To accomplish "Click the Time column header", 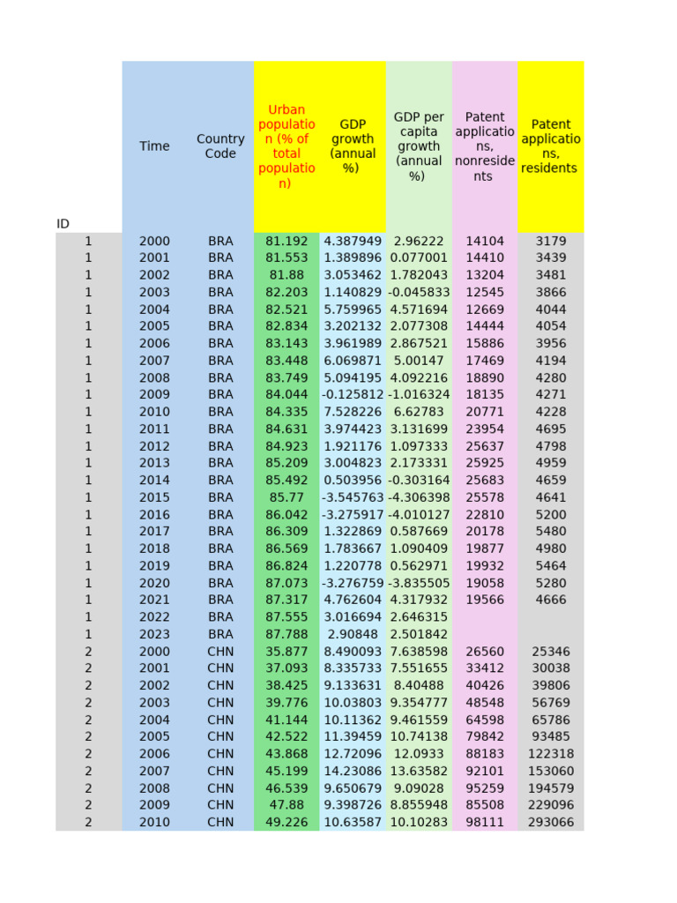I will pos(154,146).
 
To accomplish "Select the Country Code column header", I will pos(220,146).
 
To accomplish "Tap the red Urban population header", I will pos(286,146).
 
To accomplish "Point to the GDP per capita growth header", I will pos(419,146).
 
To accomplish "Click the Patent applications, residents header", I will pos(551,146).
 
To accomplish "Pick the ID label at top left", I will pos(63,224).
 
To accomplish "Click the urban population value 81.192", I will pos(286,241).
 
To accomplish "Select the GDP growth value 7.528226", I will pos(353,412).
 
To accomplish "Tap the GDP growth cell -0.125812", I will pos(353,394).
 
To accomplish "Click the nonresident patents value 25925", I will pos(485,463).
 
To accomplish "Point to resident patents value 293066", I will pos(551,822).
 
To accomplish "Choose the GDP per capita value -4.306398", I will pos(419,497).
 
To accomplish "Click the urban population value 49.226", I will pos(286,822).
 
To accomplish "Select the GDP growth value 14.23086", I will pos(353,771).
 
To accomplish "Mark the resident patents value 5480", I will pos(551,532).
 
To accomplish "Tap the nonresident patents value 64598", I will pos(485,720).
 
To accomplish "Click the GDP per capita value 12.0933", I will pos(419,754).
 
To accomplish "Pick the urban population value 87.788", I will pos(286,634).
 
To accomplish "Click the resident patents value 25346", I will pos(551,651).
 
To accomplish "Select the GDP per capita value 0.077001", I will pos(419,257).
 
